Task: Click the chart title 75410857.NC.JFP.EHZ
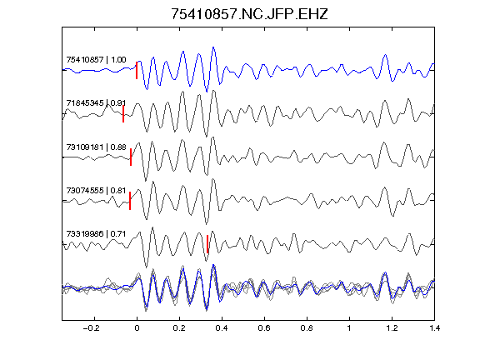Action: click(x=249, y=14)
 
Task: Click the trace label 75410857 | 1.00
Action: click(x=96, y=59)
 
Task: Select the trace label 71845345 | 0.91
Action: click(x=96, y=102)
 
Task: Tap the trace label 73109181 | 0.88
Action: click(x=96, y=147)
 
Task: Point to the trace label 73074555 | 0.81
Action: click(x=96, y=190)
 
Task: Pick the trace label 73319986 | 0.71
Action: click(x=96, y=234)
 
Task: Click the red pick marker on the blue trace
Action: click(x=137, y=70)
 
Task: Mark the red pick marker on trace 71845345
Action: click(x=123, y=114)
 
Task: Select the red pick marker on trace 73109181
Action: click(x=131, y=157)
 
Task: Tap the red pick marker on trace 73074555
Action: click(x=130, y=201)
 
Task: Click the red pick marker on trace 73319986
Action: click(x=207, y=244)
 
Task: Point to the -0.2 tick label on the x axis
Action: click(x=92, y=328)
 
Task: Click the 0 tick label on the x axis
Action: click(x=137, y=328)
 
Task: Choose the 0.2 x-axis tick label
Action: click(x=179, y=328)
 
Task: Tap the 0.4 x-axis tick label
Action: click(x=222, y=328)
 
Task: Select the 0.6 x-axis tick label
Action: click(x=264, y=328)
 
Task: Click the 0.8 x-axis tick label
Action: click(x=307, y=328)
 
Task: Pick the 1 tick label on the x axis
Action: click(x=349, y=328)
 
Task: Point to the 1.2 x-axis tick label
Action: click(x=392, y=328)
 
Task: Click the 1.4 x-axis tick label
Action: click(x=434, y=328)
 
